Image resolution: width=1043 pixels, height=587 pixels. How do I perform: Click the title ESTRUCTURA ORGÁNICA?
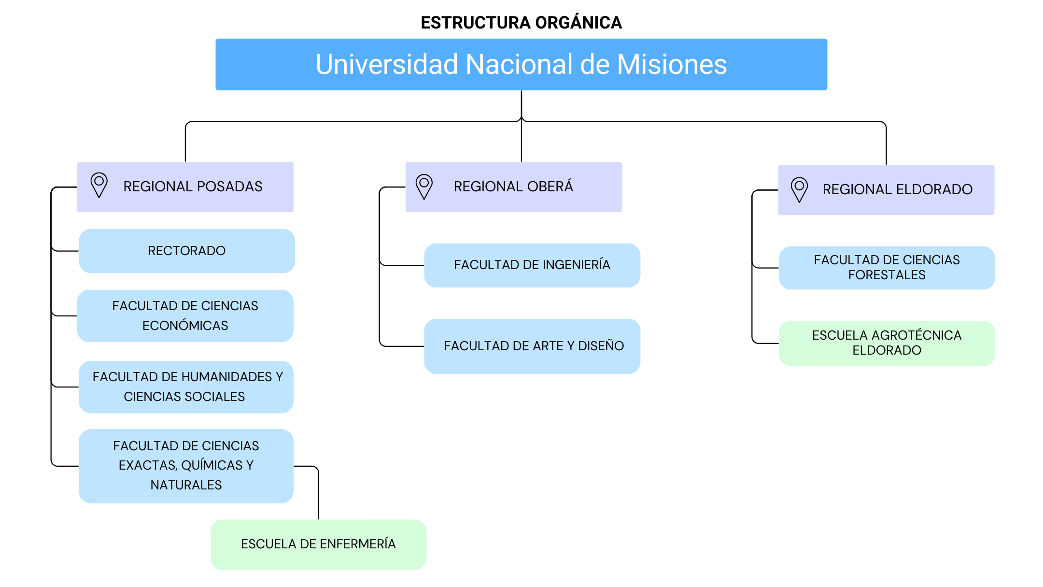pyautogui.click(x=521, y=23)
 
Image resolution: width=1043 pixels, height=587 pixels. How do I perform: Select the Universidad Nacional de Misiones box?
pyautogui.click(x=521, y=64)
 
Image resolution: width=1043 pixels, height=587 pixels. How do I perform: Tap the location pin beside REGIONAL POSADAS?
pyautogui.click(x=99, y=185)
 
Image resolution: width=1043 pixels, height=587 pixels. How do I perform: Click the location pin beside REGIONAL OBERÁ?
pyautogui.click(x=424, y=186)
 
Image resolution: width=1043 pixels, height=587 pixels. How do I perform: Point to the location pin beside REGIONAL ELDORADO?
pyautogui.click(x=799, y=189)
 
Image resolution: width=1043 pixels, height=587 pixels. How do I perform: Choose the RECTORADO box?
pyautogui.click(x=187, y=251)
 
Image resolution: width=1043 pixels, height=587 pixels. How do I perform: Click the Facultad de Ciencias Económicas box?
pyautogui.click(x=185, y=315)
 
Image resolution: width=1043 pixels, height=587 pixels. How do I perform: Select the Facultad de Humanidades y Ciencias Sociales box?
pyautogui.click(x=186, y=387)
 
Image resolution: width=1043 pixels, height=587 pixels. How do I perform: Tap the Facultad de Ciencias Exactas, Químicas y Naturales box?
pyautogui.click(x=186, y=465)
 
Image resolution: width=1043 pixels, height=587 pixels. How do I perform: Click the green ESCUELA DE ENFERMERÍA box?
pyautogui.click(x=318, y=544)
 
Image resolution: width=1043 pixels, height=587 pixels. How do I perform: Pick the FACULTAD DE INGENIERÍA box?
pyautogui.click(x=532, y=265)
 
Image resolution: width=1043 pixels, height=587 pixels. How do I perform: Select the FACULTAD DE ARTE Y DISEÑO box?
pyautogui.click(x=532, y=346)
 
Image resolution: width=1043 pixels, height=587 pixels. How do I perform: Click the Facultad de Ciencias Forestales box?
pyautogui.click(x=887, y=268)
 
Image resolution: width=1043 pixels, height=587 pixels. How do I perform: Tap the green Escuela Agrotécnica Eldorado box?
pyautogui.click(x=887, y=343)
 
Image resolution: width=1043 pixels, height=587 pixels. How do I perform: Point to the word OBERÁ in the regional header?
pyautogui.click(x=550, y=186)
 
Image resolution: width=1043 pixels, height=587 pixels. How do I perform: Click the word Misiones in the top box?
pyautogui.click(x=672, y=64)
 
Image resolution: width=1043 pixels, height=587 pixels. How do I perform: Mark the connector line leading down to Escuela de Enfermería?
pyautogui.click(x=318, y=493)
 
